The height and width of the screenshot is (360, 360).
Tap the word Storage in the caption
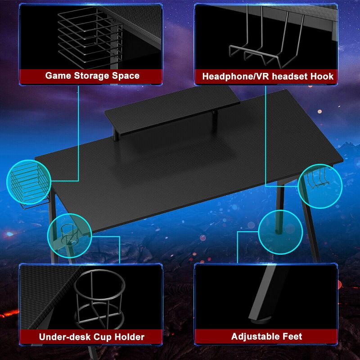[90, 75]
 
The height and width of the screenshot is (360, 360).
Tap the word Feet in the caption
[292, 336]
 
